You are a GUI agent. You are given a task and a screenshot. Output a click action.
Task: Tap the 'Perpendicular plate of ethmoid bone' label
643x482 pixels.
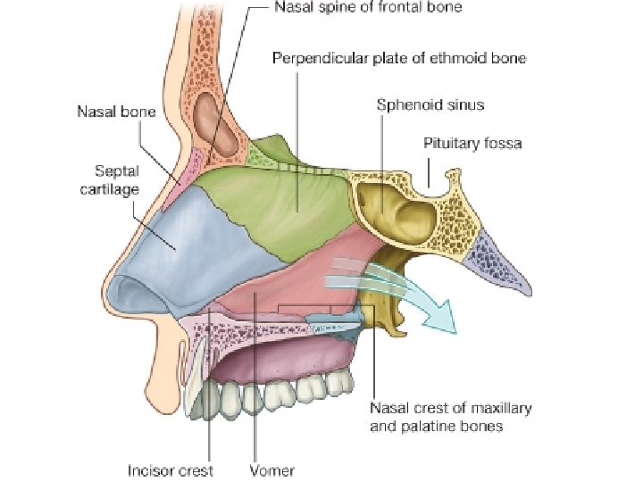(398, 59)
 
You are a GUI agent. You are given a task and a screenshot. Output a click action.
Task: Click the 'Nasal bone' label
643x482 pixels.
(116, 112)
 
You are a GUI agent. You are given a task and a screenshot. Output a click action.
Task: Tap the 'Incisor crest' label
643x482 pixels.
(171, 470)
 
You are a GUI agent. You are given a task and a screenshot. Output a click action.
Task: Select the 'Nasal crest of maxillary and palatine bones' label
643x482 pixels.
(450, 417)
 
